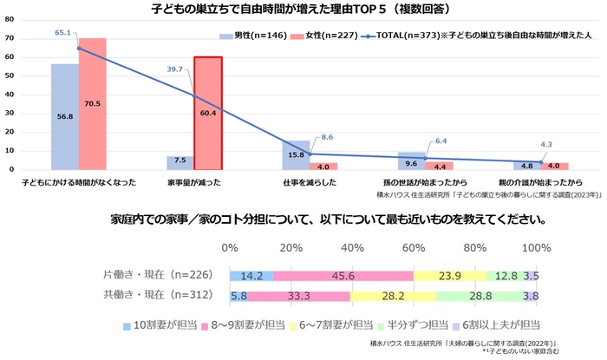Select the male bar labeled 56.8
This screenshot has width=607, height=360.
(65, 117)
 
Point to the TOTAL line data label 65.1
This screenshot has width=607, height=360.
(62, 32)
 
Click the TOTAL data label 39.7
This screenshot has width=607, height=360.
(175, 69)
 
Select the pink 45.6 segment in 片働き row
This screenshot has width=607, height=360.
(343, 275)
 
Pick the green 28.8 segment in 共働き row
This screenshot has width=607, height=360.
(480, 295)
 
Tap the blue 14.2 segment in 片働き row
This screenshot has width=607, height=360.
(251, 275)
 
